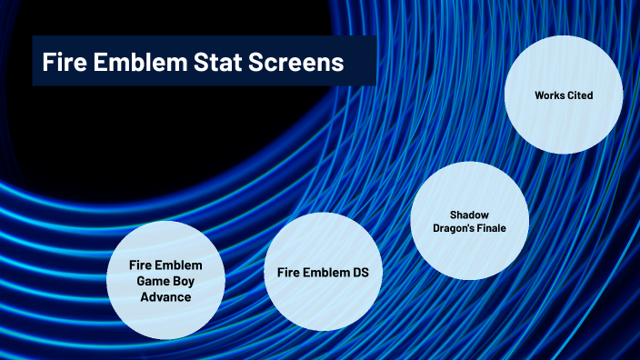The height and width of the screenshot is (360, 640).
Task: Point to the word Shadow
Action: pos(469,215)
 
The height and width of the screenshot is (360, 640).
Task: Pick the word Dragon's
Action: pos(453,228)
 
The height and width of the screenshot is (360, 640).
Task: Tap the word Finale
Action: pos(492,228)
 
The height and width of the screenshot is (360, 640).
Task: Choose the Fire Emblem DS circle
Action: pos(322,273)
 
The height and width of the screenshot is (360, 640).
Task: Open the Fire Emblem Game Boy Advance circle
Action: pos(165,280)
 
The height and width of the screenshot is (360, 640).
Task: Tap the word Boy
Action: pos(185,281)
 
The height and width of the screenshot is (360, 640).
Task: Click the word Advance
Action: pos(165,296)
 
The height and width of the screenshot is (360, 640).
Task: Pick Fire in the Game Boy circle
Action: pos(141,265)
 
